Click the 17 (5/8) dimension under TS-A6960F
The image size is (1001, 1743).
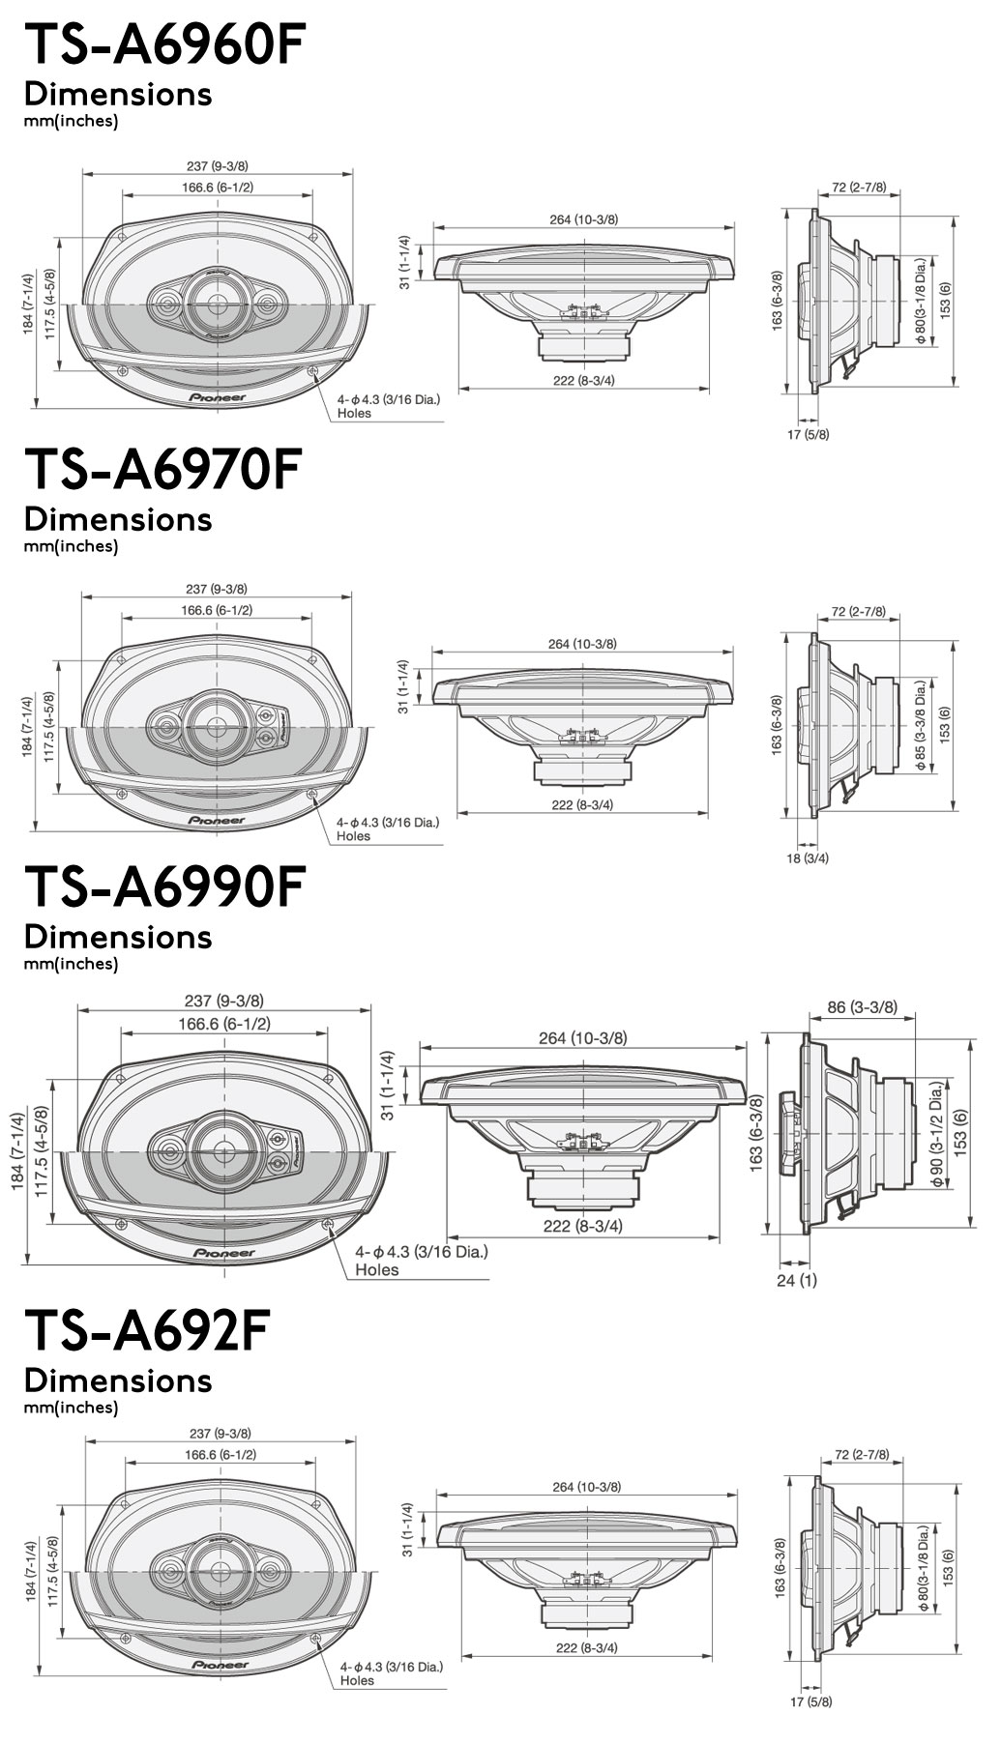[808, 434]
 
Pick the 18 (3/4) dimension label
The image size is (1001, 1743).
[808, 857]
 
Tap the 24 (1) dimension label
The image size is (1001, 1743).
[797, 1281]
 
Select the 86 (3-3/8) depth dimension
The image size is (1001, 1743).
[862, 1007]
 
